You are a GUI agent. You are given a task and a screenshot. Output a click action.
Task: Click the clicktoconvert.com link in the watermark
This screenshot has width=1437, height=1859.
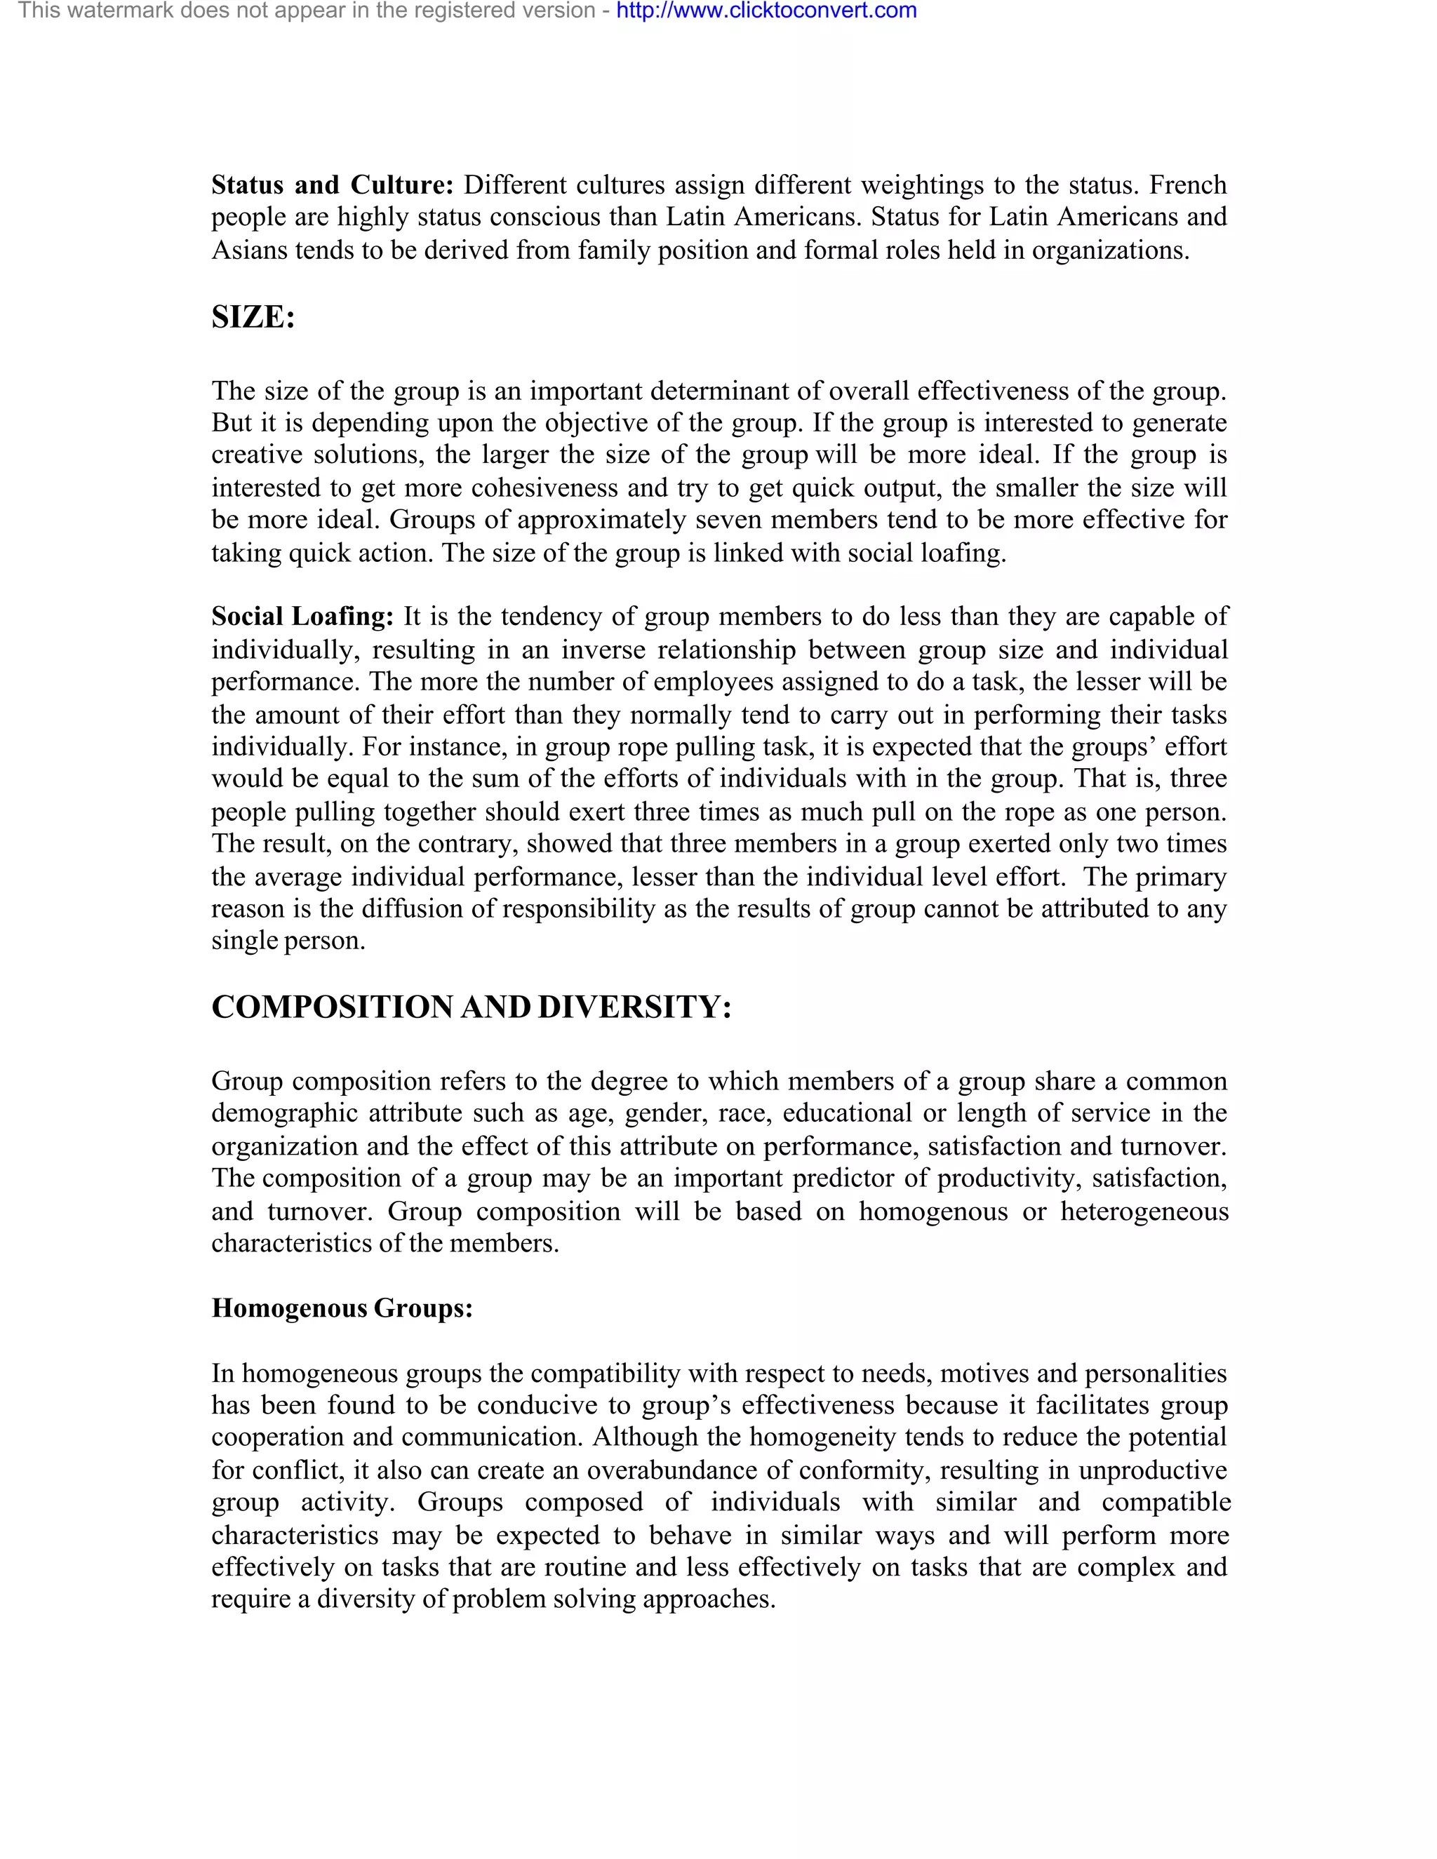tap(766, 11)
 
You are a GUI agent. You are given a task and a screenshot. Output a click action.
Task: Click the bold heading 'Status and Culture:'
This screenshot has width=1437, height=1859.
tap(332, 184)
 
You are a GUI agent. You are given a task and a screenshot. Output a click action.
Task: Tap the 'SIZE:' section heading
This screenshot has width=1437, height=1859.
tap(253, 318)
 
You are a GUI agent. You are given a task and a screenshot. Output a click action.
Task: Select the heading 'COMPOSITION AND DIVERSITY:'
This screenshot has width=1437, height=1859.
tap(471, 1007)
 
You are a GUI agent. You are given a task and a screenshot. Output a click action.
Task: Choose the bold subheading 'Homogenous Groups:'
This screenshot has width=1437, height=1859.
tap(342, 1308)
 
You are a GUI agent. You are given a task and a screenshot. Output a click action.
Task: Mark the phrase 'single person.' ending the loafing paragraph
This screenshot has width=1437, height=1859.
tap(288, 941)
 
